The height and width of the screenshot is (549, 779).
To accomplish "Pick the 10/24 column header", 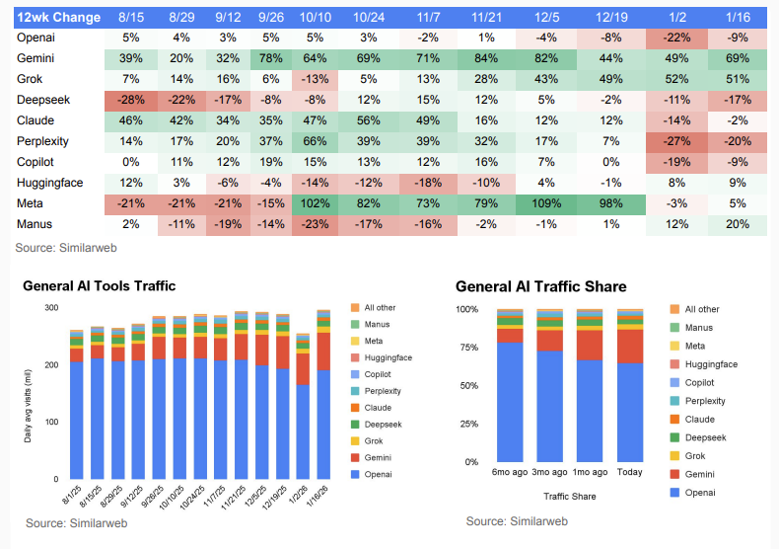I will pyautogui.click(x=369, y=17).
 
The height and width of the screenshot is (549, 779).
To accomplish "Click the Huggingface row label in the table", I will pyautogui.click(x=49, y=183).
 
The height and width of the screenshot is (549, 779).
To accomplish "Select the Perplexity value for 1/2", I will pyautogui.click(x=674, y=141).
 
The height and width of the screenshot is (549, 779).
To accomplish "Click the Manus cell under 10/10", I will pyautogui.click(x=315, y=224).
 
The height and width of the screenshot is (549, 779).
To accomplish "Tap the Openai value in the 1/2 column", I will pyautogui.click(x=674, y=38).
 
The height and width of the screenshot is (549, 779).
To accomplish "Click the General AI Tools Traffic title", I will pyautogui.click(x=100, y=285).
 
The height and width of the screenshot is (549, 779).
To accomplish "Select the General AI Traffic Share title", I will pyautogui.click(x=540, y=286).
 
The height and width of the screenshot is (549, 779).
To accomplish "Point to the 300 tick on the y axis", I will pyautogui.click(x=50, y=308).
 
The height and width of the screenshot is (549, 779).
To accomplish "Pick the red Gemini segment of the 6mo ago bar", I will pyautogui.click(x=510, y=336).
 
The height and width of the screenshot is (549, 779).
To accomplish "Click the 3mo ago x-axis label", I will pyautogui.click(x=549, y=472).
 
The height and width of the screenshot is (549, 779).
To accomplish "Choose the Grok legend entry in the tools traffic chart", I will pyautogui.click(x=371, y=441).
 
